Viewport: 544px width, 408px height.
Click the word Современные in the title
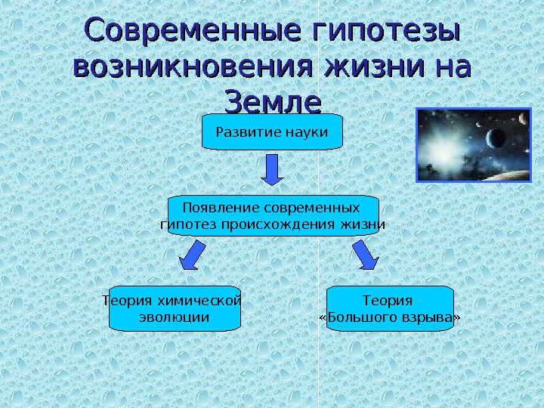point(181,33)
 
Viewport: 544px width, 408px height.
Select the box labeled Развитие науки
point(272,133)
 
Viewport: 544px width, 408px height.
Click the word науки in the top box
point(308,133)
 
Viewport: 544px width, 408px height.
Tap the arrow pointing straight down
point(272,170)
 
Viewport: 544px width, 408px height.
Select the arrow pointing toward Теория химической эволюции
point(192,255)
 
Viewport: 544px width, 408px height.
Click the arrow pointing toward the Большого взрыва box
point(366,255)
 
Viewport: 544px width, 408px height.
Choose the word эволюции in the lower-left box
point(175,317)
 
